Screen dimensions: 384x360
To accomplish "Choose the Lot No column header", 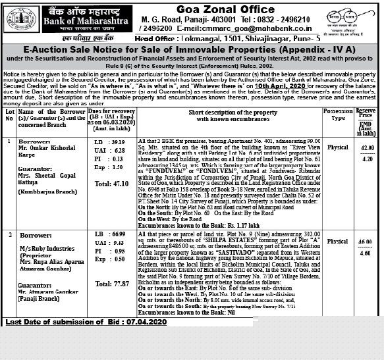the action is coord(9,115).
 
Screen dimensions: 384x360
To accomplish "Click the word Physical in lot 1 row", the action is coord(338,148).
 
